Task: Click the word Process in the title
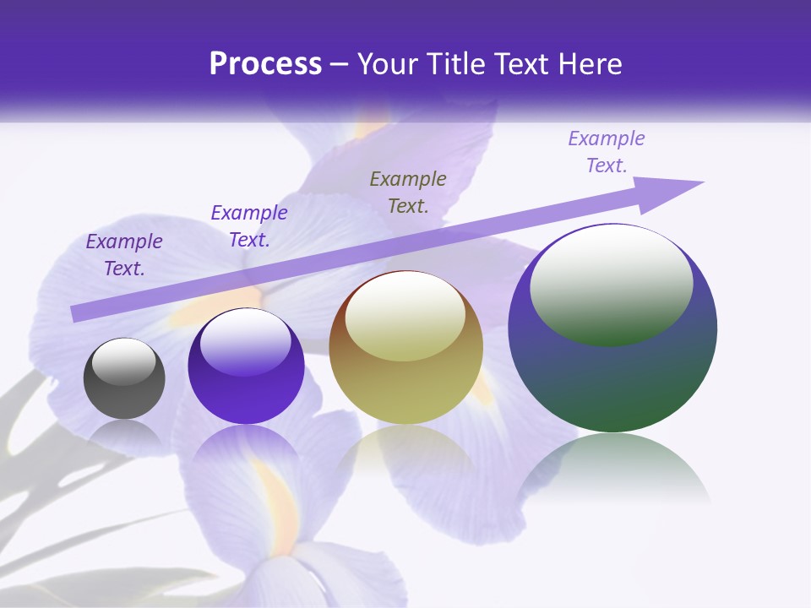265,64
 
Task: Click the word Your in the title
388,64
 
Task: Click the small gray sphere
124,379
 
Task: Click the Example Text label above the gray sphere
124,255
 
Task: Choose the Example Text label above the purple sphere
249,226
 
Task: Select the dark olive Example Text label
408,192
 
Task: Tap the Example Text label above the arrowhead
607,152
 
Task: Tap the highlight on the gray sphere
123,361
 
